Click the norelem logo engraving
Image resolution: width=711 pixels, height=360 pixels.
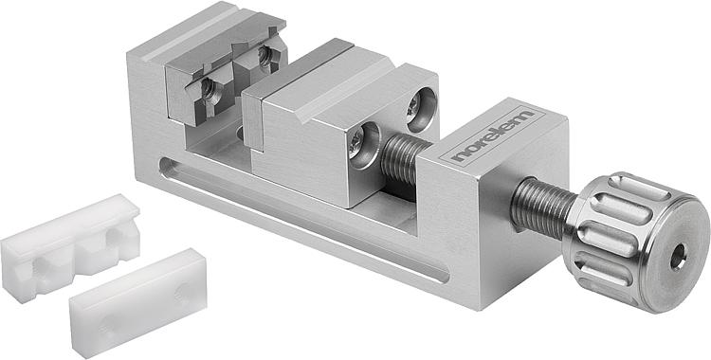(x=493, y=135)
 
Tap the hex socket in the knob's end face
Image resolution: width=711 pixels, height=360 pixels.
(x=678, y=257)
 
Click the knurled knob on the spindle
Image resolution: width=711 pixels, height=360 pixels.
(x=635, y=243)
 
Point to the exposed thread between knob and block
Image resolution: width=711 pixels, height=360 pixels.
(x=541, y=207)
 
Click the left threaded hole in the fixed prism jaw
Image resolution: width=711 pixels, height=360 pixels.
(x=209, y=88)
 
